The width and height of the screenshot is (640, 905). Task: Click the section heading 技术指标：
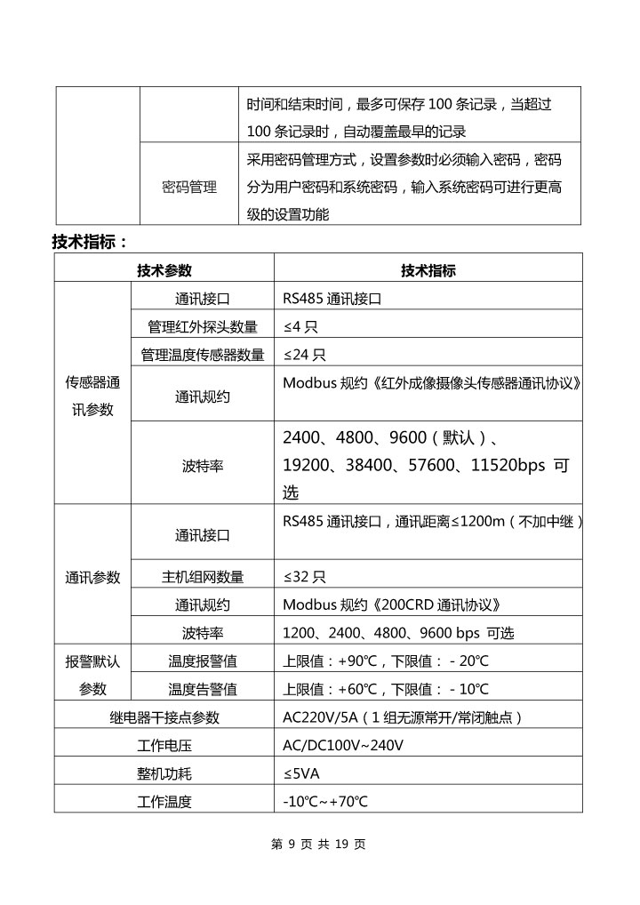coord(90,241)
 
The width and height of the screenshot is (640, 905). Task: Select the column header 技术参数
coord(164,270)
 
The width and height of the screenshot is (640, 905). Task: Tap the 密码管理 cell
coord(189,188)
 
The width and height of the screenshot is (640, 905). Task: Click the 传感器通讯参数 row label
coord(92,396)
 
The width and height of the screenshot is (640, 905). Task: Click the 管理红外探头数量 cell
coord(203,326)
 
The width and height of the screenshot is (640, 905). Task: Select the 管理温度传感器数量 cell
coord(203,355)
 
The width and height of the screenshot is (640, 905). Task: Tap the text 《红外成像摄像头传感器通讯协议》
coord(479,383)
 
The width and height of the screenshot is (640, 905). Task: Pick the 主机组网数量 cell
coord(203,576)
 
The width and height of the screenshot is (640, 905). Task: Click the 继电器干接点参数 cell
coord(164,717)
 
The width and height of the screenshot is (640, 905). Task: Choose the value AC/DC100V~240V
coord(343,745)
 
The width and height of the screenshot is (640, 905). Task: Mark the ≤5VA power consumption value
coord(301,773)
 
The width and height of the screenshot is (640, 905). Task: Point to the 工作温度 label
coord(164,801)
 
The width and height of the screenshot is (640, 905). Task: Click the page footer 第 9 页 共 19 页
coord(318,845)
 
